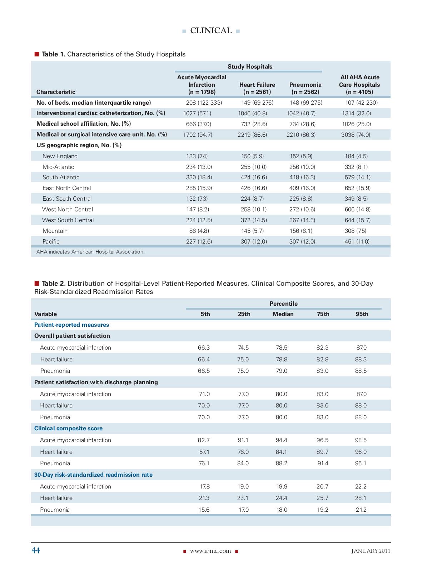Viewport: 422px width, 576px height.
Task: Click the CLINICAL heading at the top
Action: (211, 31)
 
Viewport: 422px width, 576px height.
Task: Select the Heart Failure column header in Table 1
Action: (257, 88)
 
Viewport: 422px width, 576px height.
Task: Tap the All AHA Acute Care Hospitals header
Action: (359, 85)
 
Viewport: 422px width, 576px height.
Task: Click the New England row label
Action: (60, 156)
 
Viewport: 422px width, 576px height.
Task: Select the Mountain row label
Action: (55, 231)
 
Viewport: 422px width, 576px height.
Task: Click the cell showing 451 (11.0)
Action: (357, 241)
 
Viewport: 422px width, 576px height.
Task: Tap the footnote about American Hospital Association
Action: (90, 252)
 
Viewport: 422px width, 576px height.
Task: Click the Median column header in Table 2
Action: (283, 314)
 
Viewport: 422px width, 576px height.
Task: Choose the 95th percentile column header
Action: (362, 314)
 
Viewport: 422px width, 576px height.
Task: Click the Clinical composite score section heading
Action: (68, 428)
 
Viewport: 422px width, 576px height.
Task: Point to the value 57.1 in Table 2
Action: (204, 452)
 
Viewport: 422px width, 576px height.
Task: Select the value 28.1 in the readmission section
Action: (361, 498)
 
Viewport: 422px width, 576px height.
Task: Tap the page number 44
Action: (36, 550)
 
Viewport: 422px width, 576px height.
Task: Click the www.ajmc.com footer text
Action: (210, 551)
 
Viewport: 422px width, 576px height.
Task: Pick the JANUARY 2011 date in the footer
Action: (371, 551)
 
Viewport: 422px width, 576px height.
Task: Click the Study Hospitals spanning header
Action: (250, 67)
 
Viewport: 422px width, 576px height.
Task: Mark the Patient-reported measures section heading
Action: (71, 325)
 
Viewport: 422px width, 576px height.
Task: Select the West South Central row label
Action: (68, 220)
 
